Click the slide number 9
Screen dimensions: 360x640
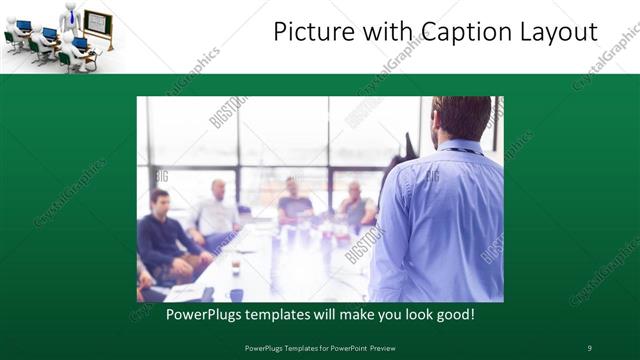(x=589, y=347)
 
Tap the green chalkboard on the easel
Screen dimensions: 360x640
(x=97, y=23)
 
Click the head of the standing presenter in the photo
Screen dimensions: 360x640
(x=463, y=118)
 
